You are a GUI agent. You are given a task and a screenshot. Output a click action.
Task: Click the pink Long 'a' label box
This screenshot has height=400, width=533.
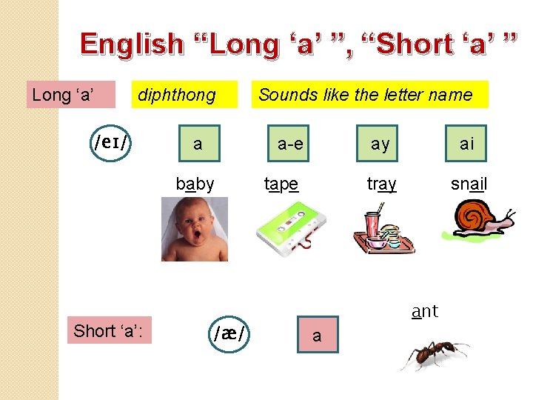(x=71, y=94)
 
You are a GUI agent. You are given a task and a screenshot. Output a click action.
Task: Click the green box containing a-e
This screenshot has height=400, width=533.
(x=290, y=144)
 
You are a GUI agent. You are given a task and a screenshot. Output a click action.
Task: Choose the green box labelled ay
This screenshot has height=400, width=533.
(x=380, y=144)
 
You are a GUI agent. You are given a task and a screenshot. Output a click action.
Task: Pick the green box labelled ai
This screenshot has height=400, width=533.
(x=466, y=144)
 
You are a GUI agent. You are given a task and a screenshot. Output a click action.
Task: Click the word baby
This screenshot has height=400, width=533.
(x=195, y=184)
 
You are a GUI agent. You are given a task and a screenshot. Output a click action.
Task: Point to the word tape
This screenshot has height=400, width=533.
(x=281, y=184)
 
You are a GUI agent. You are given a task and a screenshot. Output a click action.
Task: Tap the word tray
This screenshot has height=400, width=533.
(x=382, y=184)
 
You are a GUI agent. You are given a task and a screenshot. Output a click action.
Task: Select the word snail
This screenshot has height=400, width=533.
(x=469, y=184)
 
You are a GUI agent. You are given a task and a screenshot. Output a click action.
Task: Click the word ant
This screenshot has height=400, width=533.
(x=425, y=311)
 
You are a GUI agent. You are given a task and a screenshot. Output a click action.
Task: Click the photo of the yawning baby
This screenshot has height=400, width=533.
(x=195, y=229)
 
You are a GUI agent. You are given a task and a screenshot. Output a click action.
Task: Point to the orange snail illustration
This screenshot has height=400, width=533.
(x=478, y=221)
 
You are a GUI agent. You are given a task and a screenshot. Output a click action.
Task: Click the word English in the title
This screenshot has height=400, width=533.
(x=132, y=44)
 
